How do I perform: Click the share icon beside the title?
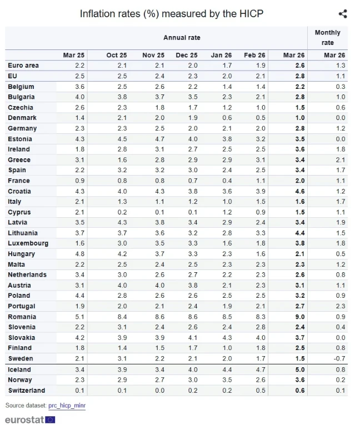[342, 14]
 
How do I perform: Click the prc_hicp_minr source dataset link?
[67, 406]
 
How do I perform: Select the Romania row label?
[22, 317]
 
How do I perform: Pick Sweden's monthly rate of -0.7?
[338, 359]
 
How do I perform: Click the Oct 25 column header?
[117, 55]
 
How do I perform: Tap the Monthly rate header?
[328, 37]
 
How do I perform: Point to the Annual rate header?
[182, 38]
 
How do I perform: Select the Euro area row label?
[23, 66]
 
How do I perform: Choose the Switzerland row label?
[26, 391]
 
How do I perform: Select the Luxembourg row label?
[28, 243]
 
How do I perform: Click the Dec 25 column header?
[187, 55]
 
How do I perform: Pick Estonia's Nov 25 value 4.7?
[158, 139]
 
